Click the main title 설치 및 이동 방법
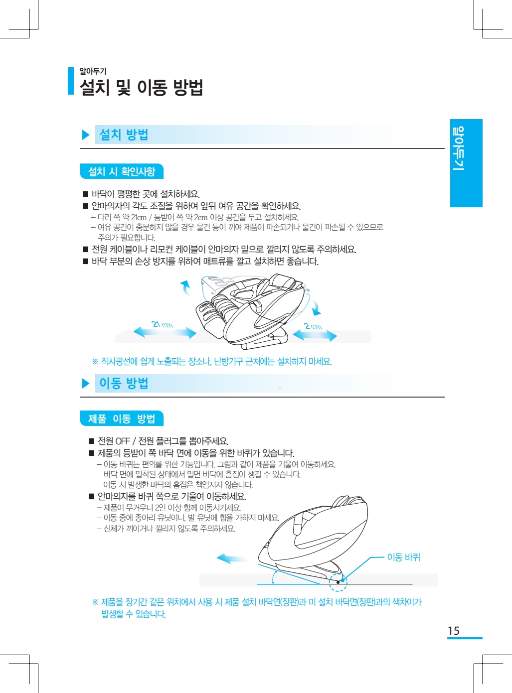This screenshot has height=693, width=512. coord(142,87)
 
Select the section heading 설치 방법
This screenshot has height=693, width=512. coord(124,135)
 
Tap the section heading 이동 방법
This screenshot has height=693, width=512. coord(124,383)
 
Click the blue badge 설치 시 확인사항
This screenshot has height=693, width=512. coord(122,171)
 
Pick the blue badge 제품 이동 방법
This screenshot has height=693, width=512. coord(122,418)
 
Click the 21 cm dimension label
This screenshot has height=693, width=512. coord(162,324)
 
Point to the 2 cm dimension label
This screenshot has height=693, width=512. coord(313,326)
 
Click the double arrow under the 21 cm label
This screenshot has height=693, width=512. coord(165,332)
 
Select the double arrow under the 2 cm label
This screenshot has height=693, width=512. coord(315,336)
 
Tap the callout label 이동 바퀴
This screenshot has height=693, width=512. coord(403,557)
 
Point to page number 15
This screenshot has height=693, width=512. coord(454,631)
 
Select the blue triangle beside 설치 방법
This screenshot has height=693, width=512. coord(86,135)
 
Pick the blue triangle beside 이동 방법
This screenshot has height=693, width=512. coord(86,384)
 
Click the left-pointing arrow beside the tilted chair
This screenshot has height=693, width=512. coord(232,558)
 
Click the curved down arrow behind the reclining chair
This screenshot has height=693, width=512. coord(315,308)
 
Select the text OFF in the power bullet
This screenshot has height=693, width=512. coord(123,441)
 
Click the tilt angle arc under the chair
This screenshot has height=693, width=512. coord(274,577)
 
